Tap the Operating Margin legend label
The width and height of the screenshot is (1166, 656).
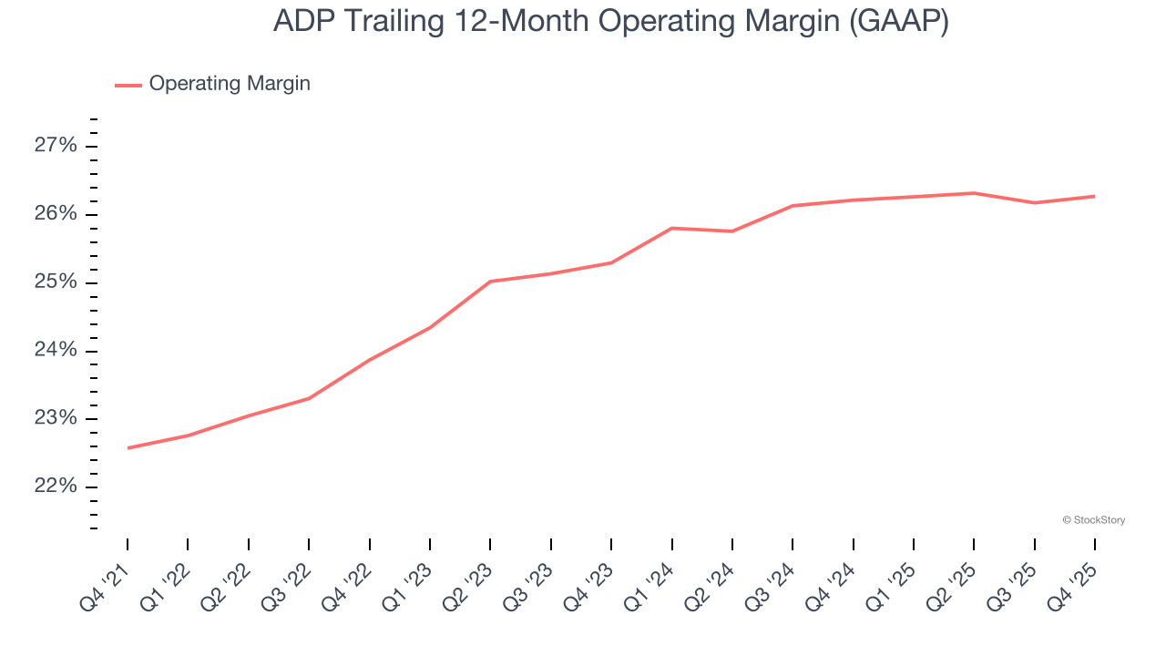point(230,84)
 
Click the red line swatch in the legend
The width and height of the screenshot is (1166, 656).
point(128,85)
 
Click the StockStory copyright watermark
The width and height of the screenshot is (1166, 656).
point(1093,520)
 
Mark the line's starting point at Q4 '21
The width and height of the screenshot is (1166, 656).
point(128,447)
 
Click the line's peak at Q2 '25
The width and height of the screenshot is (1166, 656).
point(974,193)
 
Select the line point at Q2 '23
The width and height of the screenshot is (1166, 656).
point(490,282)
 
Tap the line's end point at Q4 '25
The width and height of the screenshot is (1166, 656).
point(1094,196)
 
